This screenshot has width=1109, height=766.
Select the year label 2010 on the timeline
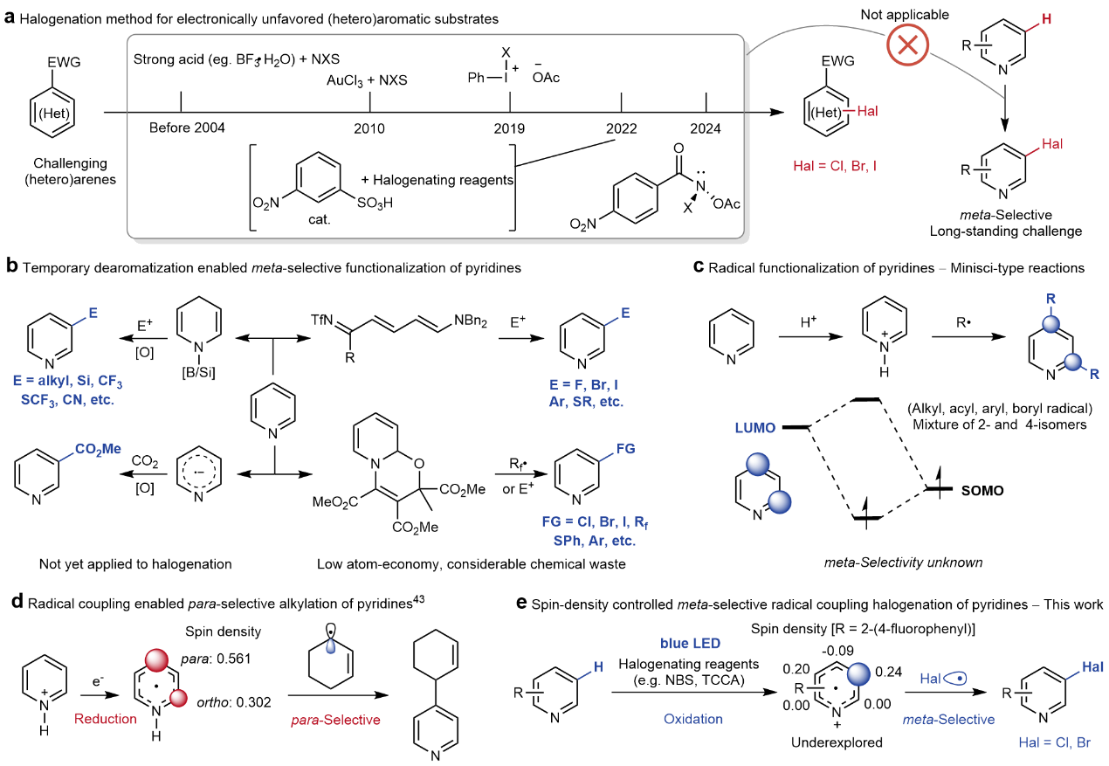coord(369,128)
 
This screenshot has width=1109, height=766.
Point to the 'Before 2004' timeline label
coord(188,128)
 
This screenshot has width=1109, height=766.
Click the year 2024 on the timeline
coord(705,128)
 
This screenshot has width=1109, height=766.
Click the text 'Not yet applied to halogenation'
coord(135,564)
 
